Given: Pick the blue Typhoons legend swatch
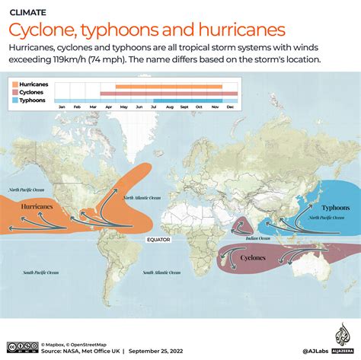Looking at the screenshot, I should click(15, 100).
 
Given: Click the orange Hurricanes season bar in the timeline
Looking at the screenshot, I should click(168, 87).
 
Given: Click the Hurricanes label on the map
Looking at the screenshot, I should click(36, 206).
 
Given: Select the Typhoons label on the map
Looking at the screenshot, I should click(335, 207).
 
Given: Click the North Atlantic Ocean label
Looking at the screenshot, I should click(145, 198).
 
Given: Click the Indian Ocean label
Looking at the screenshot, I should click(259, 237).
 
